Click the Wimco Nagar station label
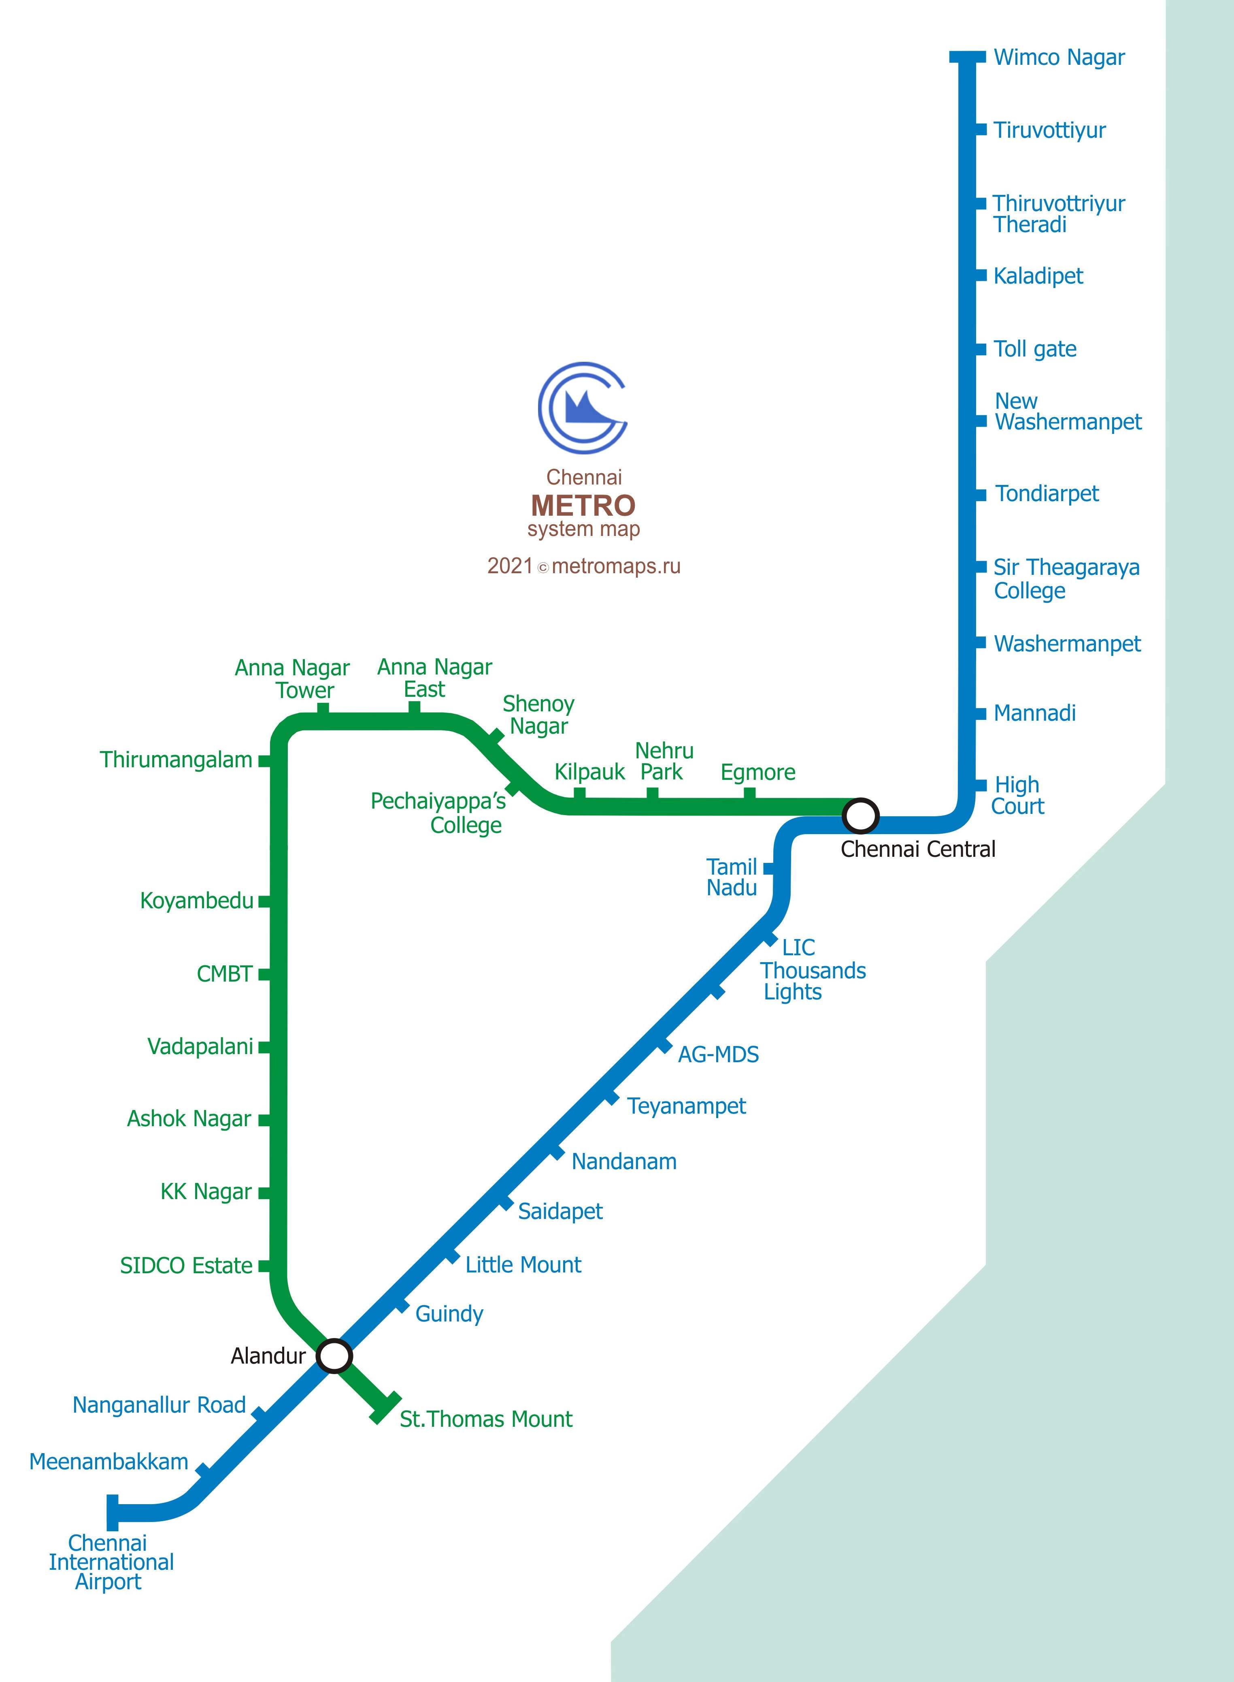(1058, 58)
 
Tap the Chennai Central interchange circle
(860, 815)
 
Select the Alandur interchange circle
(334, 1355)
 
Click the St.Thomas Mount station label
(485, 1419)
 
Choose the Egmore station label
(757, 772)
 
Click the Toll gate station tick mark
(981, 349)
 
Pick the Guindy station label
(449, 1314)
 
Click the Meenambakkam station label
(109, 1462)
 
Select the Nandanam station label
(624, 1161)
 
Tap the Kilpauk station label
(589, 772)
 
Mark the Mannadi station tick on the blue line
(981, 714)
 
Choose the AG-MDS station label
(718, 1054)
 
